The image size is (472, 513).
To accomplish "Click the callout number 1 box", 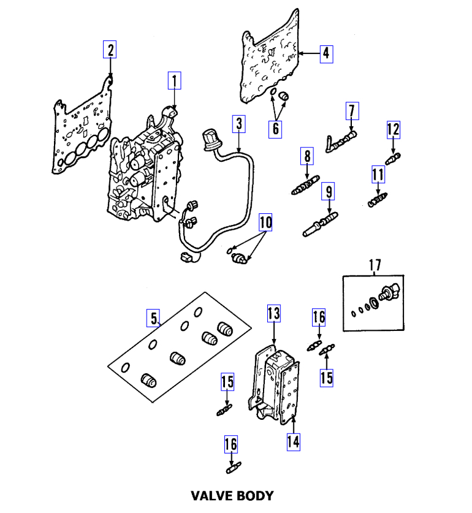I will click(x=174, y=80).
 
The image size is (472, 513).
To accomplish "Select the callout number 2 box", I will click(x=110, y=49).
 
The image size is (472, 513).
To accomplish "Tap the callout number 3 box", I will click(x=238, y=125).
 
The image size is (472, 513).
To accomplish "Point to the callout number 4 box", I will click(x=326, y=53).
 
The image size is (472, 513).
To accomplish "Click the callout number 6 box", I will click(x=276, y=128).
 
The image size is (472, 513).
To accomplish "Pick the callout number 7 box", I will click(x=351, y=112).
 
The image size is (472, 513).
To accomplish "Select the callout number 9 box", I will click(x=329, y=192).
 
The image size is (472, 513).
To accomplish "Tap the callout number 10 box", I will click(x=265, y=222).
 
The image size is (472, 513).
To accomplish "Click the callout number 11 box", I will click(x=378, y=175).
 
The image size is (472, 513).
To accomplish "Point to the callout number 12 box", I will click(x=393, y=129).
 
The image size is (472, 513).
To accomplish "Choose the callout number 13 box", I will click(x=273, y=314).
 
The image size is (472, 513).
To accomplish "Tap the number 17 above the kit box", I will click(x=375, y=265).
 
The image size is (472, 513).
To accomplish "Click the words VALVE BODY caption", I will click(x=232, y=495).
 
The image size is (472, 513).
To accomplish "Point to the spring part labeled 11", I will click(x=377, y=200).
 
